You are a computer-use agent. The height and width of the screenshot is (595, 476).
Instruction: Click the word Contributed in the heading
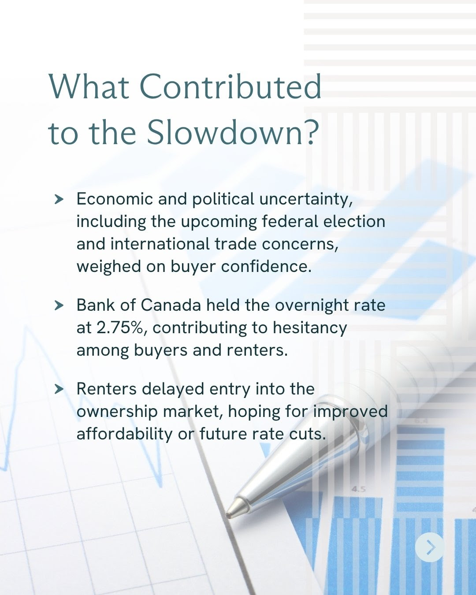[232, 86]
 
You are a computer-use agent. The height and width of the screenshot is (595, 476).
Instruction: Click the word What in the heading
[89, 86]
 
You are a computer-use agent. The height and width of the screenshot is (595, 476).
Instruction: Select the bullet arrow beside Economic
[59, 199]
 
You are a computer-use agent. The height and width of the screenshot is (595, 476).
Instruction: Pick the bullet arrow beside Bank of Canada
[59, 305]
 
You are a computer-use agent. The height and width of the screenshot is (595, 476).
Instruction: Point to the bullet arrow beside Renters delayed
[59, 389]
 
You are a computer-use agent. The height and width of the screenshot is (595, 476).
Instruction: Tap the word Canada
[171, 305]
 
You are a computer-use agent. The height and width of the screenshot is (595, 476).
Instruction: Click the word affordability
[124, 435]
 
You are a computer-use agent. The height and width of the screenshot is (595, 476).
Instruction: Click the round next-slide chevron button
[430, 547]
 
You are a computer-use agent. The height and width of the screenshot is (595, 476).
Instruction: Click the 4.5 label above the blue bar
[359, 489]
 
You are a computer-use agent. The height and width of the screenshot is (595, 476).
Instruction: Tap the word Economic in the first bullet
[115, 199]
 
